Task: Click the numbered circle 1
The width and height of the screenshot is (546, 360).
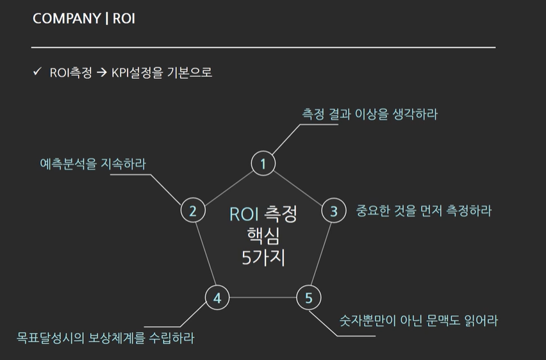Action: click(262, 164)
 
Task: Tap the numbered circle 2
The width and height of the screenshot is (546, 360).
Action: click(193, 211)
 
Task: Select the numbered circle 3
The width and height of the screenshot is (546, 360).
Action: click(333, 211)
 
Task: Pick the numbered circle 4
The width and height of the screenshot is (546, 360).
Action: click(217, 298)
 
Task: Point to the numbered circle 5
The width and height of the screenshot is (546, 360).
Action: click(308, 298)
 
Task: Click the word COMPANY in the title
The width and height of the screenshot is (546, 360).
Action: click(66, 18)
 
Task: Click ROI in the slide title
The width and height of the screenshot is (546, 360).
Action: click(124, 18)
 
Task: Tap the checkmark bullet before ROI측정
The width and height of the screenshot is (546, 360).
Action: click(37, 72)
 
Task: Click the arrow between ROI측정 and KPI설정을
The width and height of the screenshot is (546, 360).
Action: click(101, 73)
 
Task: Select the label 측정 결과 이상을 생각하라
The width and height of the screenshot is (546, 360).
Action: click(370, 114)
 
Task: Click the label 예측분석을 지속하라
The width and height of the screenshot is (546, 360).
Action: click(93, 164)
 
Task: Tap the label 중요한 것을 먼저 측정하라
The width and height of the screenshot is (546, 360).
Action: click(424, 211)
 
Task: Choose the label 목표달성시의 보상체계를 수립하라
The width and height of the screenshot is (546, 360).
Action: click(105, 337)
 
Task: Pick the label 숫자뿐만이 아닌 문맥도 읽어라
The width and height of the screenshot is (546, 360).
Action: click(418, 320)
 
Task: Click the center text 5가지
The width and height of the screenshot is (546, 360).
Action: click(263, 259)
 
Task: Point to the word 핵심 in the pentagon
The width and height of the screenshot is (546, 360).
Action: click(263, 236)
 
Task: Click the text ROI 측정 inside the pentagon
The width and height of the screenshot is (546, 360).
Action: click(263, 213)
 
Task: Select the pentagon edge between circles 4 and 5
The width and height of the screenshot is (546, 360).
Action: click(263, 298)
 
